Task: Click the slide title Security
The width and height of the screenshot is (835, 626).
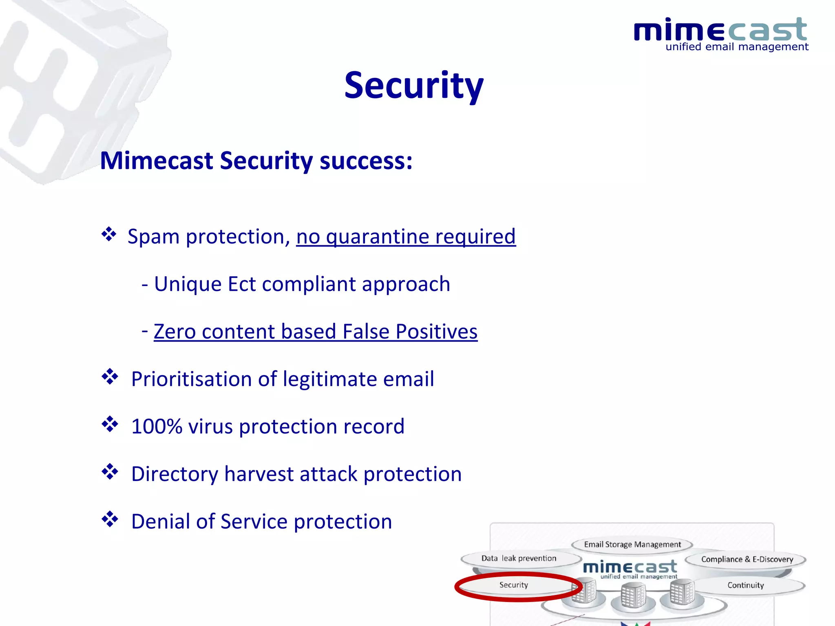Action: (413, 86)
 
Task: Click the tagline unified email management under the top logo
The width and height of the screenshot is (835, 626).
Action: (737, 47)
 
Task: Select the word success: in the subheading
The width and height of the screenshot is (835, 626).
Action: (366, 161)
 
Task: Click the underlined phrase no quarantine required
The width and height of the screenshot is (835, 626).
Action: (406, 237)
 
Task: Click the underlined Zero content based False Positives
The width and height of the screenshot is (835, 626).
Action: (315, 331)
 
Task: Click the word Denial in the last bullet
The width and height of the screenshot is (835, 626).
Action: (161, 522)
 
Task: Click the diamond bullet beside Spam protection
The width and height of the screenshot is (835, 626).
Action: (109, 234)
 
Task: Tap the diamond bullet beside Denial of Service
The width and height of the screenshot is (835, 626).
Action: (110, 519)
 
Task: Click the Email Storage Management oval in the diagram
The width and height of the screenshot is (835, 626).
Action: (632, 544)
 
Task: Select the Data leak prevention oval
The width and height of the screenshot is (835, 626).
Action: (519, 558)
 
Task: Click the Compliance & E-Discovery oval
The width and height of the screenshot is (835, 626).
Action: (747, 560)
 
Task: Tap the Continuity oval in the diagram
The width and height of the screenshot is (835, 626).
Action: (745, 585)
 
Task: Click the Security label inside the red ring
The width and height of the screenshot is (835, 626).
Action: (513, 585)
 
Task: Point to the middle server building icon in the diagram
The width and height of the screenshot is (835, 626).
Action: (633, 596)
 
